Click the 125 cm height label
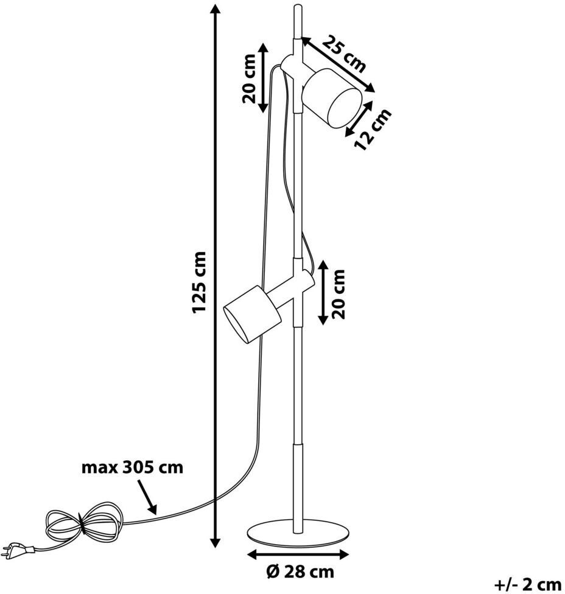tap(200, 282)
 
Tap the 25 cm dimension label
tap(344, 53)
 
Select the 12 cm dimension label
tap(373, 129)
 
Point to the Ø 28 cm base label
tap(300, 571)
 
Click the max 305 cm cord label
tap(132, 468)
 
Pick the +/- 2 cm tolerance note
tap(527, 584)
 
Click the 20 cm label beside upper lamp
tap(249, 77)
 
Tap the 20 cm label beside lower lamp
tap(339, 293)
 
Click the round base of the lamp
tap(299, 533)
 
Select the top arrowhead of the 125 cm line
tap(214, 10)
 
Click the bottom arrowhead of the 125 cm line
tap(214, 542)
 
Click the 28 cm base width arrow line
tap(298, 554)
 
